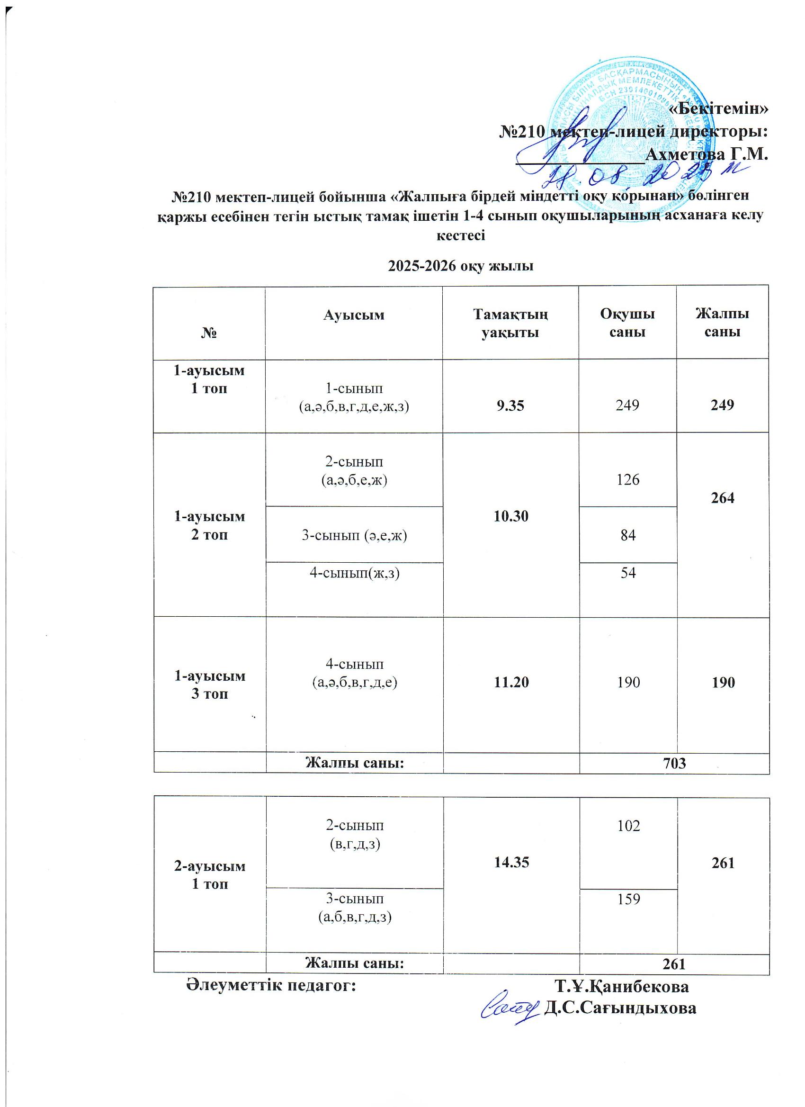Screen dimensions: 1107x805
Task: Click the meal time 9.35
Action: tap(510, 405)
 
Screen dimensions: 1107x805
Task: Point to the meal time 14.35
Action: tap(511, 863)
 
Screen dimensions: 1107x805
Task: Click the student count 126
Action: tap(628, 480)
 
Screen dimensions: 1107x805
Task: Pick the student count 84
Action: tap(628, 535)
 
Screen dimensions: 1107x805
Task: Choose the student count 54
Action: tap(628, 573)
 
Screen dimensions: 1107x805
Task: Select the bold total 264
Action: tap(723, 498)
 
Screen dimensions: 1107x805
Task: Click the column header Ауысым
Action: tap(354, 315)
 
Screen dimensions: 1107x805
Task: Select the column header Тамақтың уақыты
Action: tap(510, 323)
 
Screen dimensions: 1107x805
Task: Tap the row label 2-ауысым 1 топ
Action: tap(210, 875)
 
